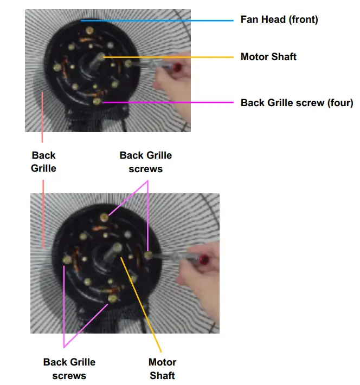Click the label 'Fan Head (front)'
tap(279, 19)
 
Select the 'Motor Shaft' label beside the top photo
tap(268, 56)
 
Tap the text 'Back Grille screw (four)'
tap(297, 102)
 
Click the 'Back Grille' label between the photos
tap(43, 162)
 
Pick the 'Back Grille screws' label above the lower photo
tap(145, 162)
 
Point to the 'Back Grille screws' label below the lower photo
tap(69, 368)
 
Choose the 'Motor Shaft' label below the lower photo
tap(162, 368)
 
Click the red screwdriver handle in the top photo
tap(177, 67)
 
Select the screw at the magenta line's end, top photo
tap(97, 101)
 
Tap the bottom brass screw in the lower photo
tap(113, 298)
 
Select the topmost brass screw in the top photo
tap(88, 34)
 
